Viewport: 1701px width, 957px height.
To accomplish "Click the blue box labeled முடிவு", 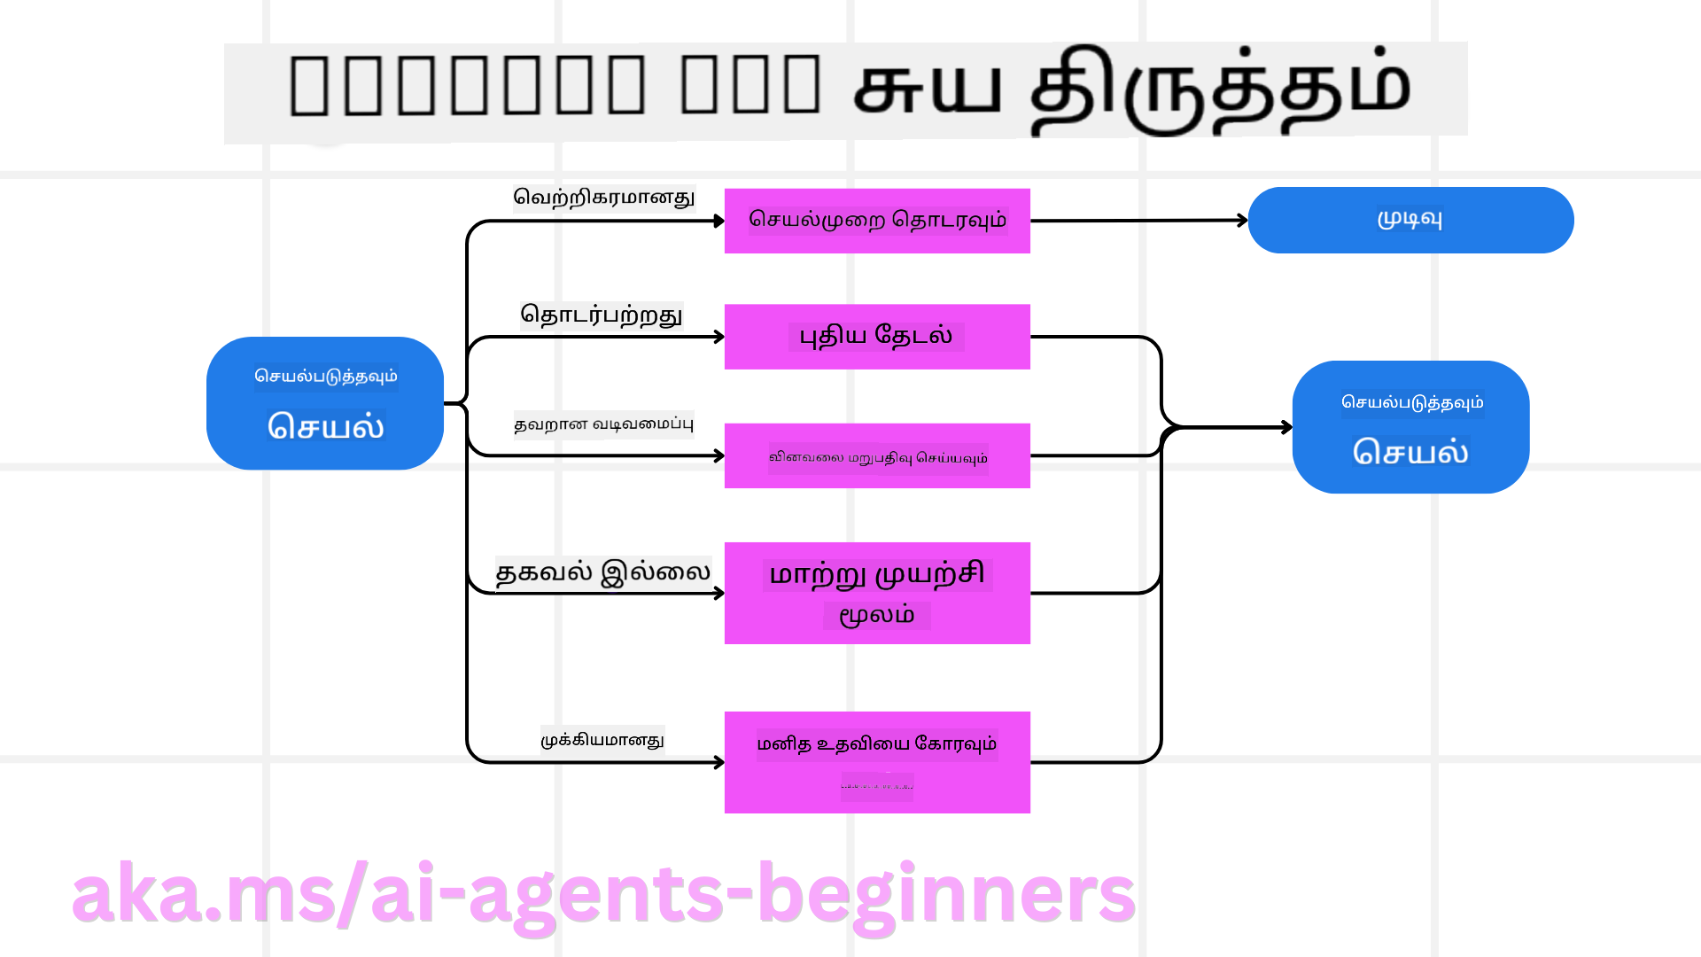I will [x=1410, y=220].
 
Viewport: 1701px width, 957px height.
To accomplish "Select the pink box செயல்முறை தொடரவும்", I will [x=877, y=221].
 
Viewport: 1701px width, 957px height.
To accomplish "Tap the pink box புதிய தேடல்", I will [x=877, y=337].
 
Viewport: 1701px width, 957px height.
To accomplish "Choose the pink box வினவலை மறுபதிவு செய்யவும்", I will [x=877, y=456].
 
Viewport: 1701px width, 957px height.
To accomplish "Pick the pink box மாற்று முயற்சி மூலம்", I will [x=877, y=593].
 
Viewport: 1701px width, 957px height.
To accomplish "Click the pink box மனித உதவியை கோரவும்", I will [x=877, y=761].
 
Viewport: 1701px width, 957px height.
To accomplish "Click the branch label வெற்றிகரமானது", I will [x=604, y=197].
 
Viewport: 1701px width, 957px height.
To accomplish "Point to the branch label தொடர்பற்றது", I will [x=602, y=315].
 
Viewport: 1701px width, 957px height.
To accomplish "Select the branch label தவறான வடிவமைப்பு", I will [x=603, y=424].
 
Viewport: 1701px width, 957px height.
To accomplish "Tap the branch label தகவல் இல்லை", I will [x=602, y=572].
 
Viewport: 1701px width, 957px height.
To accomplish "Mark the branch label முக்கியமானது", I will [x=602, y=740].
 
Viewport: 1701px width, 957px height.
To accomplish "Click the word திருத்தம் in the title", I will [x=1220, y=89].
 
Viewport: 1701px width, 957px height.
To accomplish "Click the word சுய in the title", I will [x=927, y=89].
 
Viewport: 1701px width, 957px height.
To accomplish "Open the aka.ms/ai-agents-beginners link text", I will [x=602, y=895].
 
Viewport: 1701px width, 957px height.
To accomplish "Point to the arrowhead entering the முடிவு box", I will [x=1243, y=220].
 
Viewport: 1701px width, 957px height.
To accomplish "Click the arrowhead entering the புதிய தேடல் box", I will [x=719, y=337].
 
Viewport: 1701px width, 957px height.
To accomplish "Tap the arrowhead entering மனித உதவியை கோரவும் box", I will [x=719, y=762].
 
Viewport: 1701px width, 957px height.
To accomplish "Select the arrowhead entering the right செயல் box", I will [x=1287, y=427].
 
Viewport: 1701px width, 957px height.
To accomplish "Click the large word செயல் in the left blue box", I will [x=326, y=426].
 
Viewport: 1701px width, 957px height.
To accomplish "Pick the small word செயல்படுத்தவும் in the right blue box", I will [x=1412, y=402].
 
